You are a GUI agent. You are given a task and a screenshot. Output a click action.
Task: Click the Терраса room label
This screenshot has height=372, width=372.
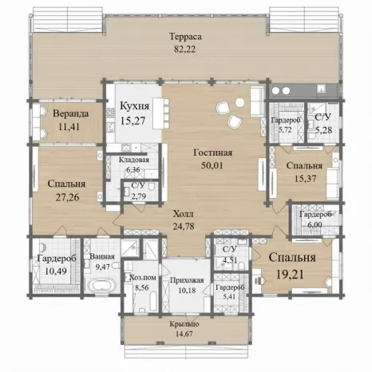click(185, 37)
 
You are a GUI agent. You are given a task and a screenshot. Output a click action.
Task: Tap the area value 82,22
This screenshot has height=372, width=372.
click(185, 49)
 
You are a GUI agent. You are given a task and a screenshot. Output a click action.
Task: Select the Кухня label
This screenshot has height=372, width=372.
click(135, 106)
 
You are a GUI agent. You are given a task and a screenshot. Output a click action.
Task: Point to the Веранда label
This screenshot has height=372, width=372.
click(71, 114)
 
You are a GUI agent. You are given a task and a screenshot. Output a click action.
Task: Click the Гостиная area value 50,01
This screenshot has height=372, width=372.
click(212, 165)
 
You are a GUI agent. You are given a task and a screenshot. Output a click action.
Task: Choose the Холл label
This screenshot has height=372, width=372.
click(184, 214)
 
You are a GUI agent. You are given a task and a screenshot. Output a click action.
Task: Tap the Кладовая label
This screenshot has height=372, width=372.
click(134, 160)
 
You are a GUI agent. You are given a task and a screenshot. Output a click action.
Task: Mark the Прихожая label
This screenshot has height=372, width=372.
click(187, 280)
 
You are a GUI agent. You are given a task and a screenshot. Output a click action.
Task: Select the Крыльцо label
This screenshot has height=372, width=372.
click(184, 324)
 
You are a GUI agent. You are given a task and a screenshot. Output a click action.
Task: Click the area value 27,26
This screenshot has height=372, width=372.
click(67, 197)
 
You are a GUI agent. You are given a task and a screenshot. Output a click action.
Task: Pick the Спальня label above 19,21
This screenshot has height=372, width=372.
click(292, 258)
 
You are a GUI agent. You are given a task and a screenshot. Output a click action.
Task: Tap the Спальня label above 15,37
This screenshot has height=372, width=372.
click(304, 165)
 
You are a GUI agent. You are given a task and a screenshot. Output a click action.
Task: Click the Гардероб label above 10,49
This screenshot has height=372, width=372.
click(57, 258)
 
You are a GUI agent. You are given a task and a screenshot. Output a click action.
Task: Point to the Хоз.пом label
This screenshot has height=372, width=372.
click(143, 278)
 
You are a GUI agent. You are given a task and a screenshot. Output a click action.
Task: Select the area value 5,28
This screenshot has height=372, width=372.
click(323, 130)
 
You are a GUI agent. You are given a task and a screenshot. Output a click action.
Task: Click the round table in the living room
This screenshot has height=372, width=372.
click(240, 102)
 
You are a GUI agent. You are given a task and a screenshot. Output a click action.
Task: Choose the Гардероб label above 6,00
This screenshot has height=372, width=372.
click(315, 214)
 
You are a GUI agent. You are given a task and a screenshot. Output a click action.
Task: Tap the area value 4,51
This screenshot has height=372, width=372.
click(230, 260)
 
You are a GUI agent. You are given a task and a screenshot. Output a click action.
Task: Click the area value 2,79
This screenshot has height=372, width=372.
click(139, 196)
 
